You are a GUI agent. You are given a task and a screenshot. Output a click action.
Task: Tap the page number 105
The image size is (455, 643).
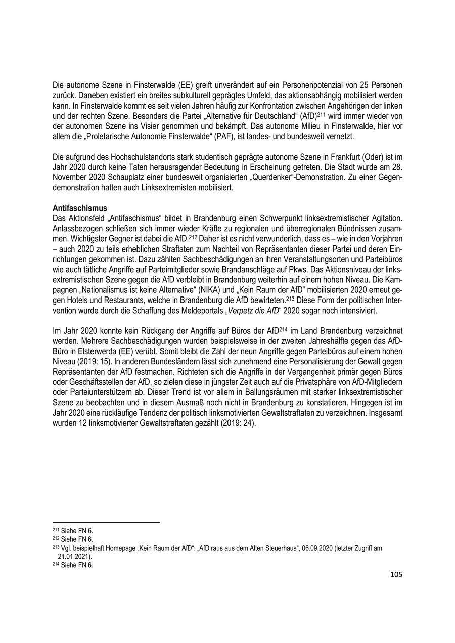396,574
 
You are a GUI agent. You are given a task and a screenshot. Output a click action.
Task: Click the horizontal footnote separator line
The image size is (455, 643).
106,523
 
